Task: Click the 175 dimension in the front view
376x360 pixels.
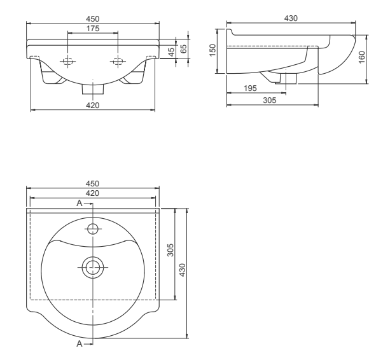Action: pyautogui.click(x=92, y=28)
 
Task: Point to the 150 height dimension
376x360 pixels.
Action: pyautogui.click(x=214, y=50)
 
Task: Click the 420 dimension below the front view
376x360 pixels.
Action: pyautogui.click(x=92, y=106)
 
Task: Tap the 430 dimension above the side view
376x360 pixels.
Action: pyautogui.click(x=291, y=18)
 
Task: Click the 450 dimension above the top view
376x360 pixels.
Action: pyautogui.click(x=92, y=183)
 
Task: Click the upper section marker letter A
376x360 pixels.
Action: pyautogui.click(x=80, y=203)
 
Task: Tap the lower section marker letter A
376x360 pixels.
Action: pyautogui.click(x=80, y=343)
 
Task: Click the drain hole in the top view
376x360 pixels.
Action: pyautogui.click(x=93, y=268)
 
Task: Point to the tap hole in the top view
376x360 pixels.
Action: pyautogui.click(x=93, y=228)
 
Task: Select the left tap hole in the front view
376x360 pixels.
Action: pyautogui.click(x=67, y=61)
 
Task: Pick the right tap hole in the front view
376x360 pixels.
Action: pyautogui.click(x=117, y=61)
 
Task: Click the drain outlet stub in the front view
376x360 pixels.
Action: pyautogui.click(x=92, y=88)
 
